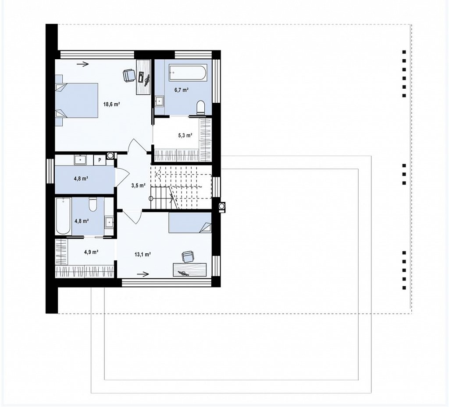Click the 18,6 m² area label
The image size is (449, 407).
click(x=111, y=104)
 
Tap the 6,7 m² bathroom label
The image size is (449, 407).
click(x=182, y=90)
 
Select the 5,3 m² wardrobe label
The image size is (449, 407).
click(x=185, y=135)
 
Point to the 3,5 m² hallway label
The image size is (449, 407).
click(x=138, y=185)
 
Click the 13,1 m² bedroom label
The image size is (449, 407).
click(x=143, y=254)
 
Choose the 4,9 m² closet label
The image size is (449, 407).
click(x=91, y=252)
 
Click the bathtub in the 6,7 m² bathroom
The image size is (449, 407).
click(x=188, y=73)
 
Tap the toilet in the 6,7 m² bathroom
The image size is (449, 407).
click(x=201, y=108)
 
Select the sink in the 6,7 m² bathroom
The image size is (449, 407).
click(x=159, y=101)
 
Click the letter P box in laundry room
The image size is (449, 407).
click(x=100, y=160)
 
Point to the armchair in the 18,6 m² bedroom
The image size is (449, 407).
click(x=129, y=76)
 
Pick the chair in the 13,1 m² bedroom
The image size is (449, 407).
click(x=188, y=257)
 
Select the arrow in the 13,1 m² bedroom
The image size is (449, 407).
click(x=143, y=274)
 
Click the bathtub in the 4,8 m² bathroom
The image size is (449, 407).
click(x=63, y=216)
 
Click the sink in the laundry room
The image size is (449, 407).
click(x=80, y=159)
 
